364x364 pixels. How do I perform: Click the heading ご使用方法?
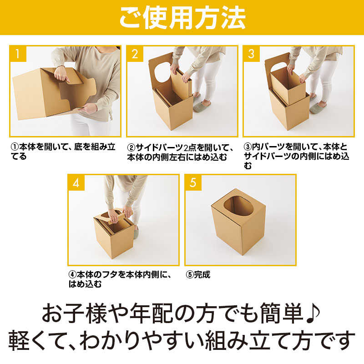182,17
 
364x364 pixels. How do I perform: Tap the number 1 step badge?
18,54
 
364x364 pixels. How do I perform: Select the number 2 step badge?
135,54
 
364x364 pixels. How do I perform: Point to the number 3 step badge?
251,54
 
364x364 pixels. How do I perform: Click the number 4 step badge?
76,182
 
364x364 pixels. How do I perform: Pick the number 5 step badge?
193,182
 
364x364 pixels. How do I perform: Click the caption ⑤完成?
198,275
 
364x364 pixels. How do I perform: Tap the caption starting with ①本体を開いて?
63,152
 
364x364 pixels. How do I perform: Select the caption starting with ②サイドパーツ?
180,152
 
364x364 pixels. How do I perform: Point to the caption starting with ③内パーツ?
297,156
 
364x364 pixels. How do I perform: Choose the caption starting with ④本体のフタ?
120,279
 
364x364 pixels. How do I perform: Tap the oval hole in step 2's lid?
162,72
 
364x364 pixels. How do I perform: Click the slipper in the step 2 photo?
202,106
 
